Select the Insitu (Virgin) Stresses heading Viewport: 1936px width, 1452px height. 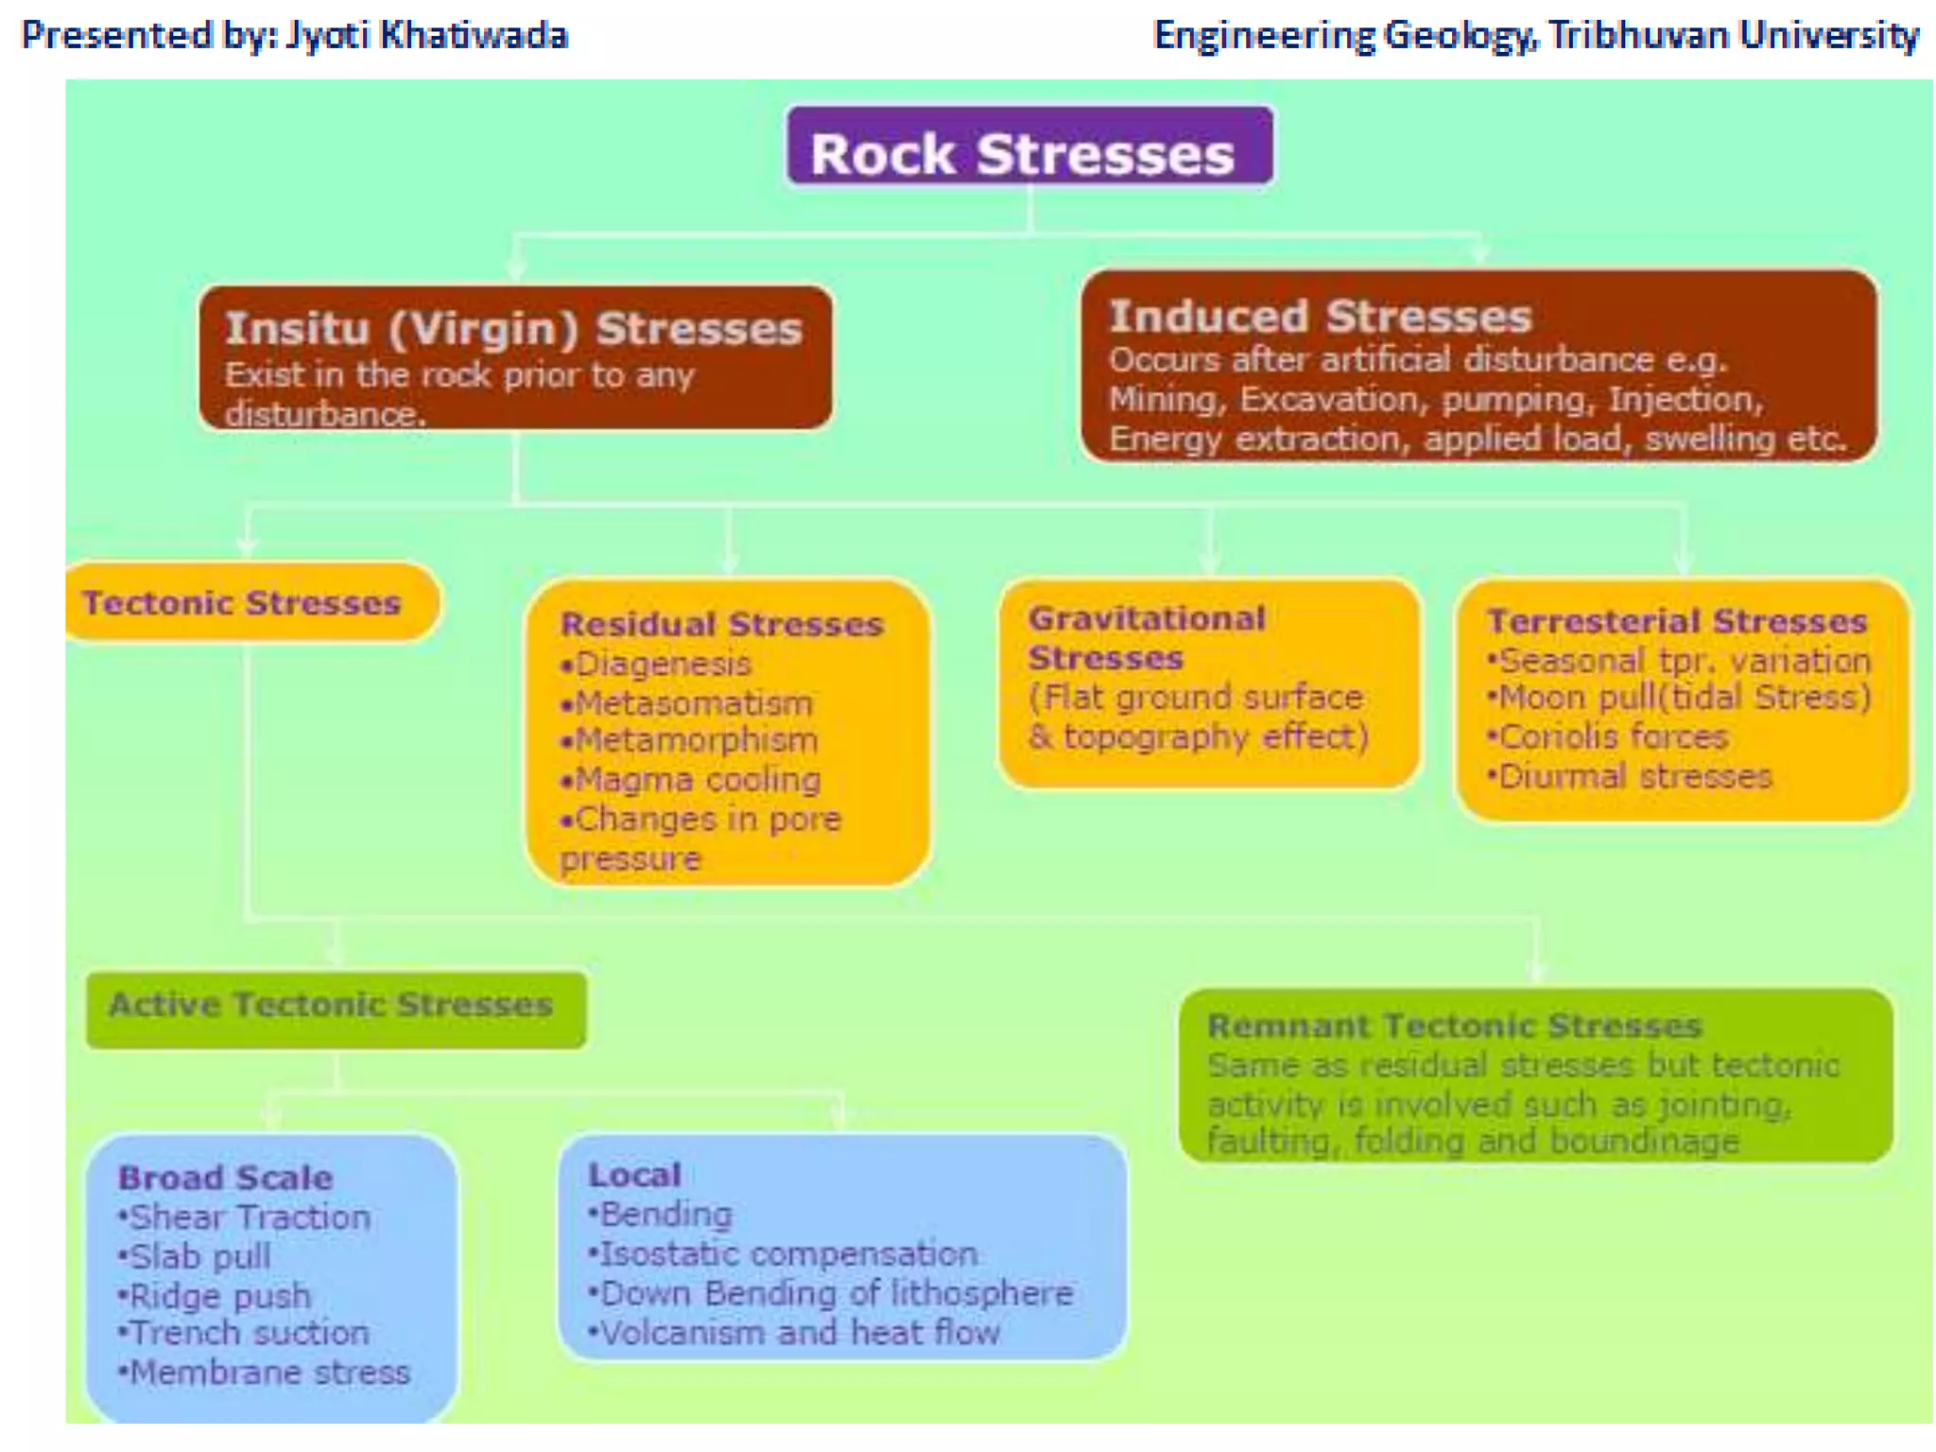click(513, 329)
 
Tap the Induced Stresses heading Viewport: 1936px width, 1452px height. click(1320, 316)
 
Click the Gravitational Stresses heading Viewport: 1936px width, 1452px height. click(1147, 637)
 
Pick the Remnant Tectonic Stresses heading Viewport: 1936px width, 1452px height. click(1454, 1026)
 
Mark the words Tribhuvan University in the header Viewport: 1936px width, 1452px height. click(1734, 35)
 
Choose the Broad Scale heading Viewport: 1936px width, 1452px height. click(225, 1178)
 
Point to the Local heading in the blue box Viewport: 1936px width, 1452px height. click(634, 1175)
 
